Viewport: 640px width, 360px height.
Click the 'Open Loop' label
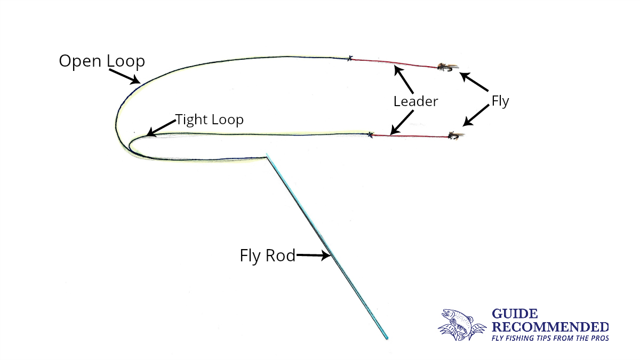[101, 61]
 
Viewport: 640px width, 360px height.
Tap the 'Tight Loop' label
[209, 119]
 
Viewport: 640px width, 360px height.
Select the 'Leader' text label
[415, 101]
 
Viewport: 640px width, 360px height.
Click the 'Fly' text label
[500, 101]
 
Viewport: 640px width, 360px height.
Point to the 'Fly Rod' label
[267, 256]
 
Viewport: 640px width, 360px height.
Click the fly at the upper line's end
[446, 67]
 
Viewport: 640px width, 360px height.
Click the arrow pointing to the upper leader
[404, 79]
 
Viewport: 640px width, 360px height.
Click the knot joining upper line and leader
[350, 58]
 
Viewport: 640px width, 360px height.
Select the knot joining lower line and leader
[370, 134]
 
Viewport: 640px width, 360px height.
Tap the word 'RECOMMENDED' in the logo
[550, 326]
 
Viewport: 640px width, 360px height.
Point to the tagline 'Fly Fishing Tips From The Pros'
[549, 338]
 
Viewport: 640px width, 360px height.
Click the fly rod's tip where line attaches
[267, 156]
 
